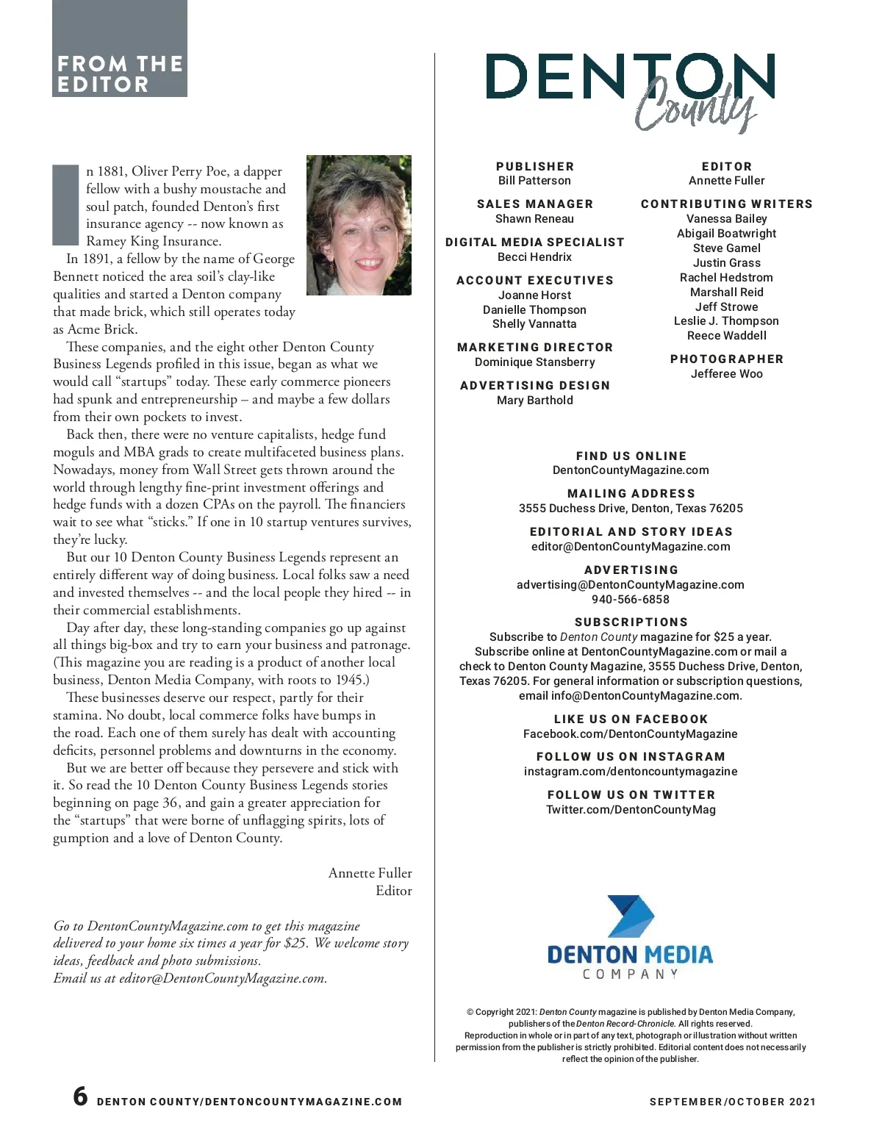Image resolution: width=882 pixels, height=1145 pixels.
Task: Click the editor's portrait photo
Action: pyautogui.click(x=359, y=225)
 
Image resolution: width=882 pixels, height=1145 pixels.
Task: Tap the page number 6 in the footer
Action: pyautogui.click(x=80, y=1096)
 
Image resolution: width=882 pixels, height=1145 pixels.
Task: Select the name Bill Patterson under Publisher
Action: pyautogui.click(x=534, y=181)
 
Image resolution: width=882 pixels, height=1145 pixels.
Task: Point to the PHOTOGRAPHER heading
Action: pyautogui.click(x=726, y=359)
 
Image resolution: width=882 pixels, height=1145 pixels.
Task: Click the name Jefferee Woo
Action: pyautogui.click(x=726, y=374)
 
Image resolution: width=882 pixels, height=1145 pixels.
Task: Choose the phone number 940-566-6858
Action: pyautogui.click(x=631, y=600)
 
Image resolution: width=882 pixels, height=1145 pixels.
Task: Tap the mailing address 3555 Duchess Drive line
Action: pyautogui.click(x=631, y=509)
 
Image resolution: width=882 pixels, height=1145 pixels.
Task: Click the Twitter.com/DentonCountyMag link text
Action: pyautogui.click(x=631, y=810)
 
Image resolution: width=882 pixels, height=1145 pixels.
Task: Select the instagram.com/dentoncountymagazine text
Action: pyautogui.click(x=631, y=772)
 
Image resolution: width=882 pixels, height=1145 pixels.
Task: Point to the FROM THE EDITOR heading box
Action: pyautogui.click(x=120, y=73)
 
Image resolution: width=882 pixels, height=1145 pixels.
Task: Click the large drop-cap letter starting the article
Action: pyautogui.click(x=65, y=205)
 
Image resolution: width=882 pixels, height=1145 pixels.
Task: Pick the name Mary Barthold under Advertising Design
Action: pyautogui.click(x=534, y=401)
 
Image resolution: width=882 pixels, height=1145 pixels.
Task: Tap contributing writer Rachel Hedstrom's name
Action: pyautogui.click(x=726, y=278)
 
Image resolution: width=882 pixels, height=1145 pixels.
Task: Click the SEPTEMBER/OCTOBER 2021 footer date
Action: pyautogui.click(x=732, y=1102)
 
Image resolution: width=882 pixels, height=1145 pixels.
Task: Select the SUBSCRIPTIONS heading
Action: pyautogui.click(x=631, y=622)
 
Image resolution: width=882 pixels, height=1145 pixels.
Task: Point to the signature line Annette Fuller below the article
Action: pyautogui.click(x=370, y=873)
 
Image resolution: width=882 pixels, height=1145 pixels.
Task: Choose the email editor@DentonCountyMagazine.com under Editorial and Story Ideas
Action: pyautogui.click(x=631, y=547)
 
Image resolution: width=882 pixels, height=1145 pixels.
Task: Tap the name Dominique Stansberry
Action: pyautogui.click(x=534, y=362)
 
